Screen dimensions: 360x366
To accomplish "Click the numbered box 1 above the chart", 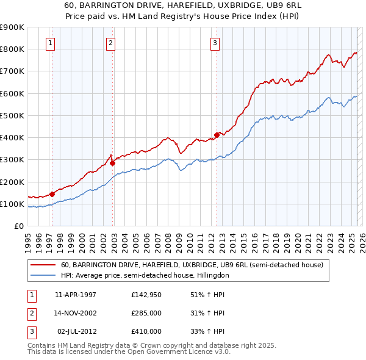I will pyautogui.click(x=49, y=43).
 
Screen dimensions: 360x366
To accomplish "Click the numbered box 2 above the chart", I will pyautogui.click(x=110, y=43).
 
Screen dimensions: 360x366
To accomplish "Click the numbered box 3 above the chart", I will pyautogui.click(x=215, y=43).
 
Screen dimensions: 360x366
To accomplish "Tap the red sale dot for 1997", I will pyautogui.click(x=52, y=195).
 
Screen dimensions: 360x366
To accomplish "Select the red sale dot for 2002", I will pyautogui.click(x=112, y=163).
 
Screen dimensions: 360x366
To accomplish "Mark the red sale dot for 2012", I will pyautogui.click(x=217, y=135).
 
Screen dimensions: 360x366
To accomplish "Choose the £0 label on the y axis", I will pyautogui.click(x=18, y=226).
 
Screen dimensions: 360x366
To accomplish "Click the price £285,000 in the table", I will pyautogui.click(x=146, y=313).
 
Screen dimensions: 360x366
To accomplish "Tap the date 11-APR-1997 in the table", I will pyautogui.click(x=76, y=295).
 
